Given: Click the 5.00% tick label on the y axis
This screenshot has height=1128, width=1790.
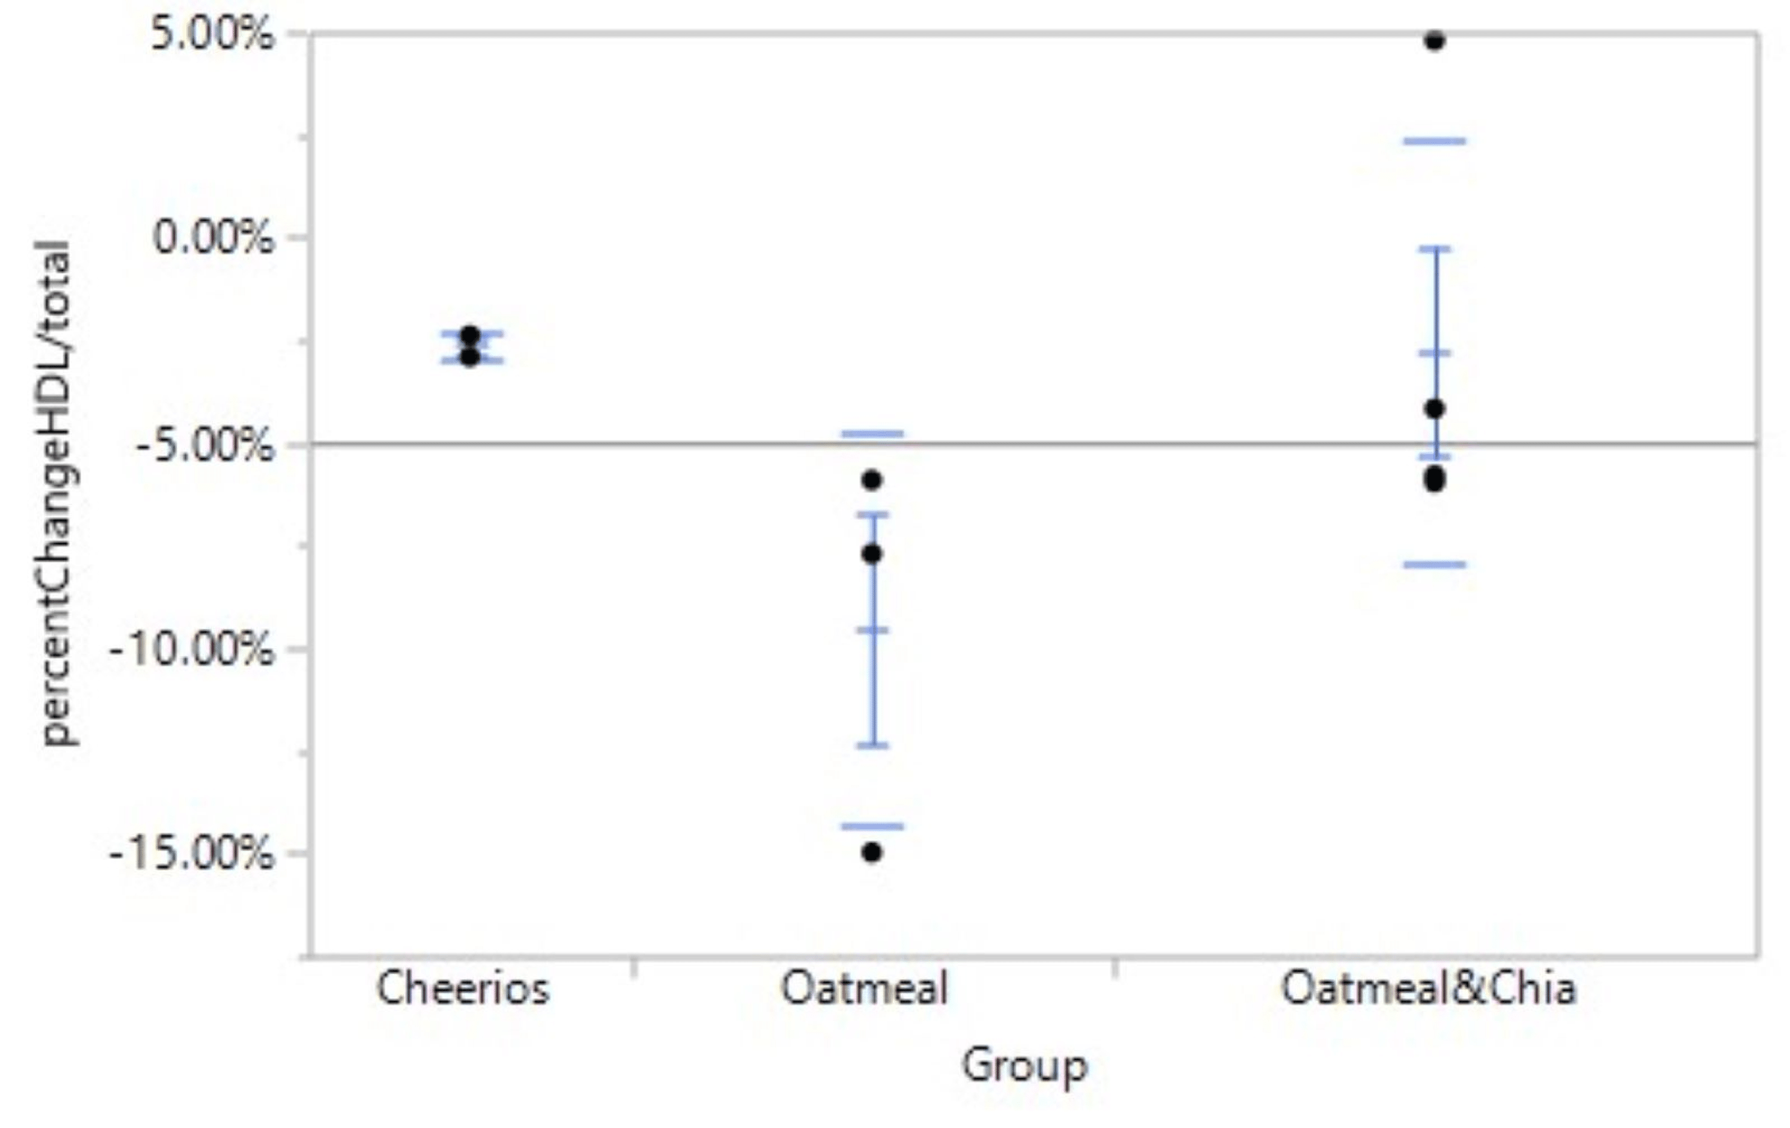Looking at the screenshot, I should click(x=212, y=36).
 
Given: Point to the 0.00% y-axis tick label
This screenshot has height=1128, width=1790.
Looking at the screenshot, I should click(x=212, y=238).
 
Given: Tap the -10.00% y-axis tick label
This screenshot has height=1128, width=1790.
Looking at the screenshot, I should click(x=192, y=650).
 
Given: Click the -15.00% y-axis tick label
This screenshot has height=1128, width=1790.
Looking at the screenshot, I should click(x=192, y=853).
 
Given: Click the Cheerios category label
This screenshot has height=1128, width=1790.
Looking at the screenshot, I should click(x=462, y=990).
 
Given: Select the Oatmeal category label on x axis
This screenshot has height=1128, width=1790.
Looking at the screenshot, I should click(x=864, y=990).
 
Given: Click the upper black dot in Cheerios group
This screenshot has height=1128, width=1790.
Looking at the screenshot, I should click(x=470, y=335).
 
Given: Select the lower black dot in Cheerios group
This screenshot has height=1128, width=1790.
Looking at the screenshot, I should click(x=470, y=357).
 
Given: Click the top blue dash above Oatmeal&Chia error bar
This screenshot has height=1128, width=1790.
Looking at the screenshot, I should click(x=1434, y=140).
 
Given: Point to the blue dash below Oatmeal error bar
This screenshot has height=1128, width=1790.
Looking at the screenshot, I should click(x=873, y=825).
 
